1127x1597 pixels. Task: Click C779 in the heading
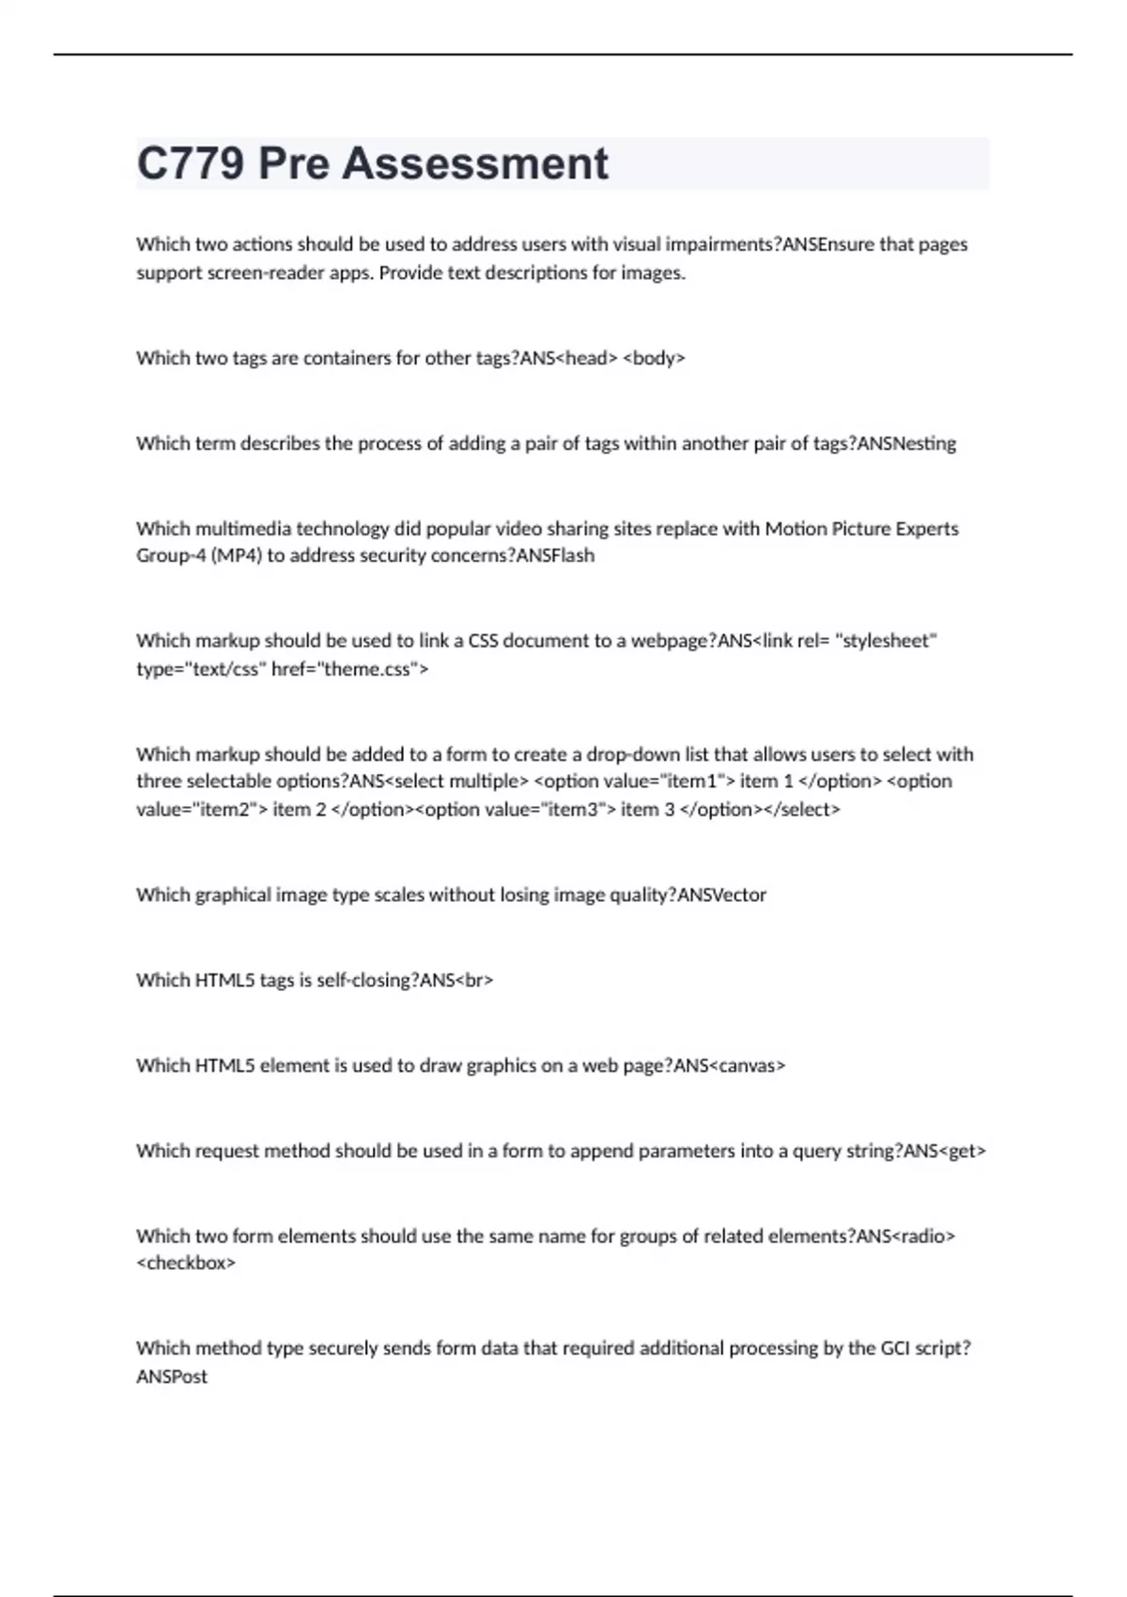(191, 163)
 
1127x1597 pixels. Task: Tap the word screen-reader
(254, 273)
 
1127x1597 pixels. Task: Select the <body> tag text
(655, 358)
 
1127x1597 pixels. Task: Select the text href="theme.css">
(349, 669)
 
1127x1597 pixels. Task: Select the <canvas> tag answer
(748, 1066)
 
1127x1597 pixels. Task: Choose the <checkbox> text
(186, 1264)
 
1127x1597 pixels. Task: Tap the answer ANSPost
(172, 1376)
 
